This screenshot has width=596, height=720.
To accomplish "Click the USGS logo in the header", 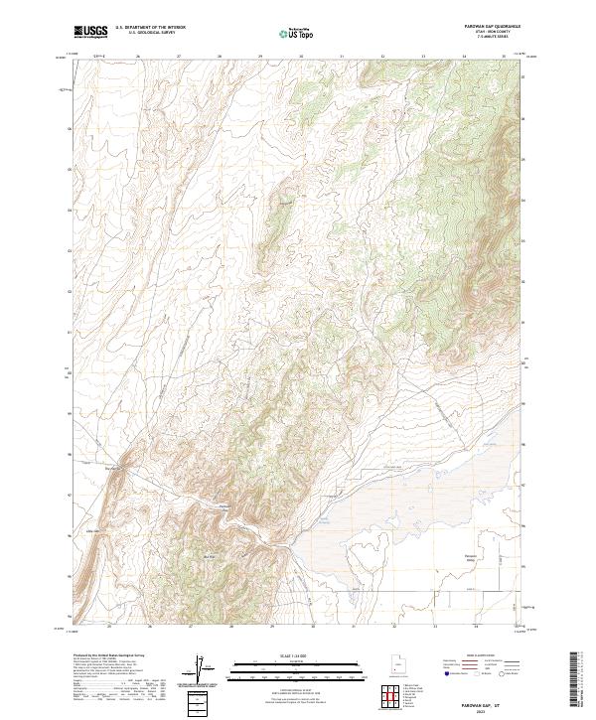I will (90, 33).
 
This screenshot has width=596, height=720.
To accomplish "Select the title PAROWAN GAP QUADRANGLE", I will (493, 28).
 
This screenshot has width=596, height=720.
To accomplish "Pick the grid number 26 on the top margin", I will (138, 57).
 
